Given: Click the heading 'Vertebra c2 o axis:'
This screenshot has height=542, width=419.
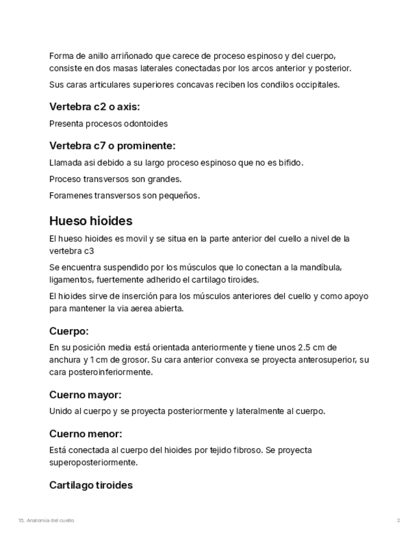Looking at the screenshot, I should [x=94, y=107].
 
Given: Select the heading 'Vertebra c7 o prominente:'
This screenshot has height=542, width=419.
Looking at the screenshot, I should [x=112, y=146].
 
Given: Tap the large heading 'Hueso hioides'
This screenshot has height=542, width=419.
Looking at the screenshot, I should [x=91, y=221].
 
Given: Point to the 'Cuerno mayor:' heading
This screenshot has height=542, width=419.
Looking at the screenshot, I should [x=85, y=395].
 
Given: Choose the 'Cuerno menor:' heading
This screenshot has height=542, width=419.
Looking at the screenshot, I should [x=86, y=434].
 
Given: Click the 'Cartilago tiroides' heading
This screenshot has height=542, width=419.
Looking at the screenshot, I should [x=91, y=485].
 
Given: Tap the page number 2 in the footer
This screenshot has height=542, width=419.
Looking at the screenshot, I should [x=398, y=520].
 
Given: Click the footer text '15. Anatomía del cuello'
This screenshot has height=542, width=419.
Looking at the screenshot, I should [x=46, y=520].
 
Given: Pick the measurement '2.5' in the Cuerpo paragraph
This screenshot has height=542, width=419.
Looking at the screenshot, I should [x=304, y=348].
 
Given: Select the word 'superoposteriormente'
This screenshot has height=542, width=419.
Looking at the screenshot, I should [x=93, y=462].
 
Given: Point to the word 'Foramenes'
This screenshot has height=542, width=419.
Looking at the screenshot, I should [x=70, y=196].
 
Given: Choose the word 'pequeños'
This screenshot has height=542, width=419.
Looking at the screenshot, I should [x=182, y=196].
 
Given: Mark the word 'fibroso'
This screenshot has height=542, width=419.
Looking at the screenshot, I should [x=245, y=450].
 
